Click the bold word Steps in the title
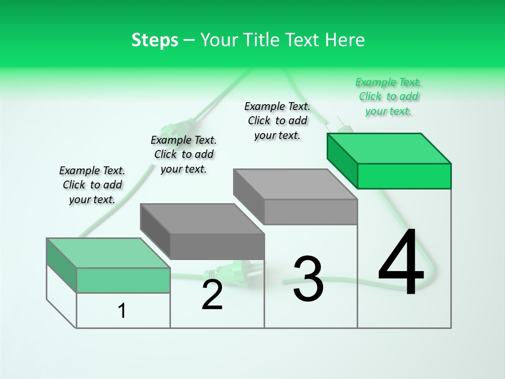(x=155, y=40)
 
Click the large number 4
(x=401, y=263)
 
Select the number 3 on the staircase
(x=308, y=279)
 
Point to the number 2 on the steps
(x=212, y=295)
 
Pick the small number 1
(x=122, y=311)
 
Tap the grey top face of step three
(x=295, y=184)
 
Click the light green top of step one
(x=108, y=253)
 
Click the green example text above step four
(x=388, y=97)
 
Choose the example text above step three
(x=277, y=121)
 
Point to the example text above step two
(x=184, y=154)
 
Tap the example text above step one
(x=92, y=185)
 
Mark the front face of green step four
(x=404, y=176)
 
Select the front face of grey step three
(x=310, y=212)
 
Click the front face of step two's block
(x=217, y=246)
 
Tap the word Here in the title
(x=346, y=40)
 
